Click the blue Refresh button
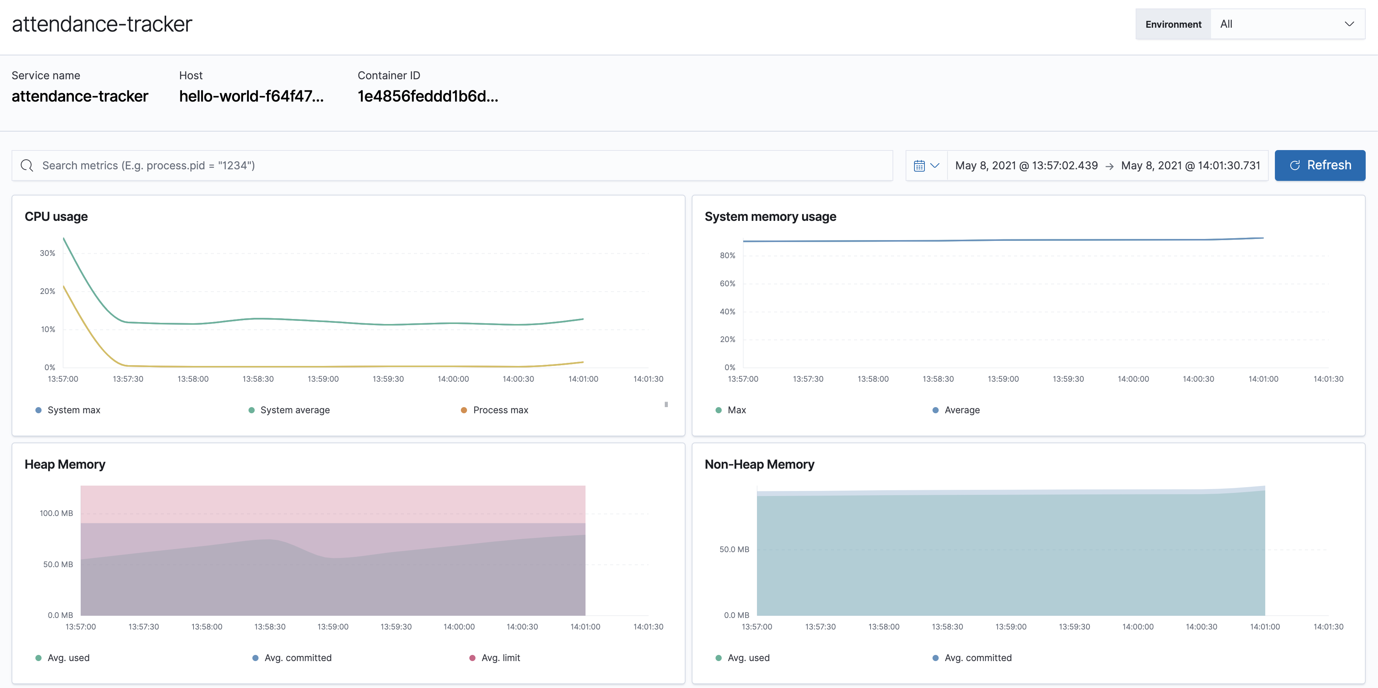[x=1319, y=165]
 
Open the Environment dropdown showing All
[x=1286, y=24]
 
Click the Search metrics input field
[x=452, y=165]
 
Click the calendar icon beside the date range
[x=926, y=166]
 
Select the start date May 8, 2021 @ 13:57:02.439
[x=1026, y=166]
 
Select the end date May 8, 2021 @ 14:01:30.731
[x=1190, y=166]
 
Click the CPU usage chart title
[x=56, y=217]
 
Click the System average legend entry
[x=294, y=410]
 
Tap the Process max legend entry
[x=500, y=410]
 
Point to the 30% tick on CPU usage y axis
[x=48, y=253]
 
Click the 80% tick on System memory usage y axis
[x=727, y=256]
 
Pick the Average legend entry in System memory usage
[x=961, y=410]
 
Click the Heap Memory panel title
[x=65, y=464]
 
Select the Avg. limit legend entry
[x=500, y=658]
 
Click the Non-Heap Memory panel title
[x=759, y=464]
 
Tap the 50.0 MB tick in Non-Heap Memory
[x=734, y=549]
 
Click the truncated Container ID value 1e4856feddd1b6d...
[x=427, y=96]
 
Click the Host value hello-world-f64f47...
[x=251, y=96]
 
